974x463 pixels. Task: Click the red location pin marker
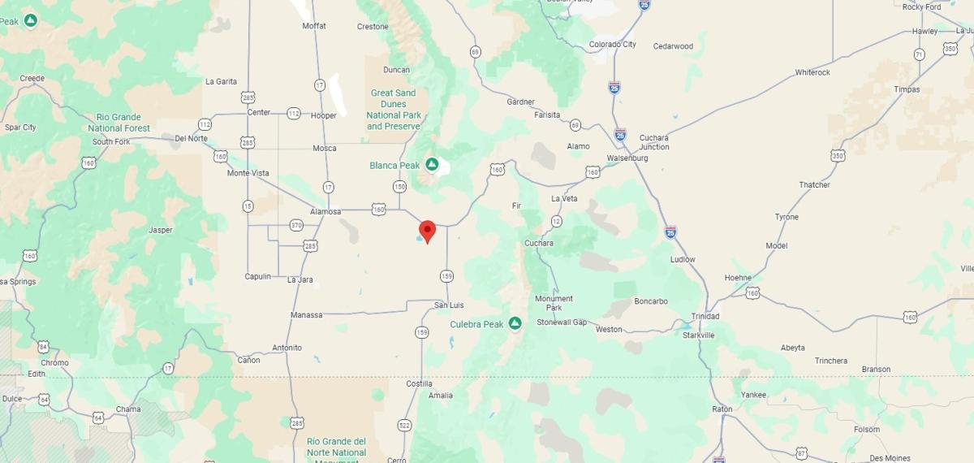[x=427, y=231]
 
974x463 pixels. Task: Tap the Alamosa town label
[x=325, y=212]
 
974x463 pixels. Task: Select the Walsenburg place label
[x=627, y=158]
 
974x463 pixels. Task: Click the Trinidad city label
[x=705, y=316]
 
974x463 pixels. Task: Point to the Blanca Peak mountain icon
[x=433, y=165]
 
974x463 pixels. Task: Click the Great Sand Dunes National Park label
[x=394, y=110]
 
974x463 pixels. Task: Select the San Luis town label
[x=449, y=305]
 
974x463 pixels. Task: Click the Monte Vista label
[x=248, y=173]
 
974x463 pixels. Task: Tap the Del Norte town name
[x=191, y=138]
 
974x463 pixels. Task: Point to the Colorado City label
[x=612, y=45]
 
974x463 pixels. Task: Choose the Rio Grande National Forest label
[x=119, y=123]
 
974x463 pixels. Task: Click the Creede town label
[x=32, y=78]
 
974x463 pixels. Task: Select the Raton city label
[x=722, y=409]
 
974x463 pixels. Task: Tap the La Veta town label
[x=564, y=198]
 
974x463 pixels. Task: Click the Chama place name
[x=128, y=409]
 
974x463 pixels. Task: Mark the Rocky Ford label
[x=921, y=7]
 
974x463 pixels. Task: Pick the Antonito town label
[x=287, y=348]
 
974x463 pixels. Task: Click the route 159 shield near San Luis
[x=446, y=276]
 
